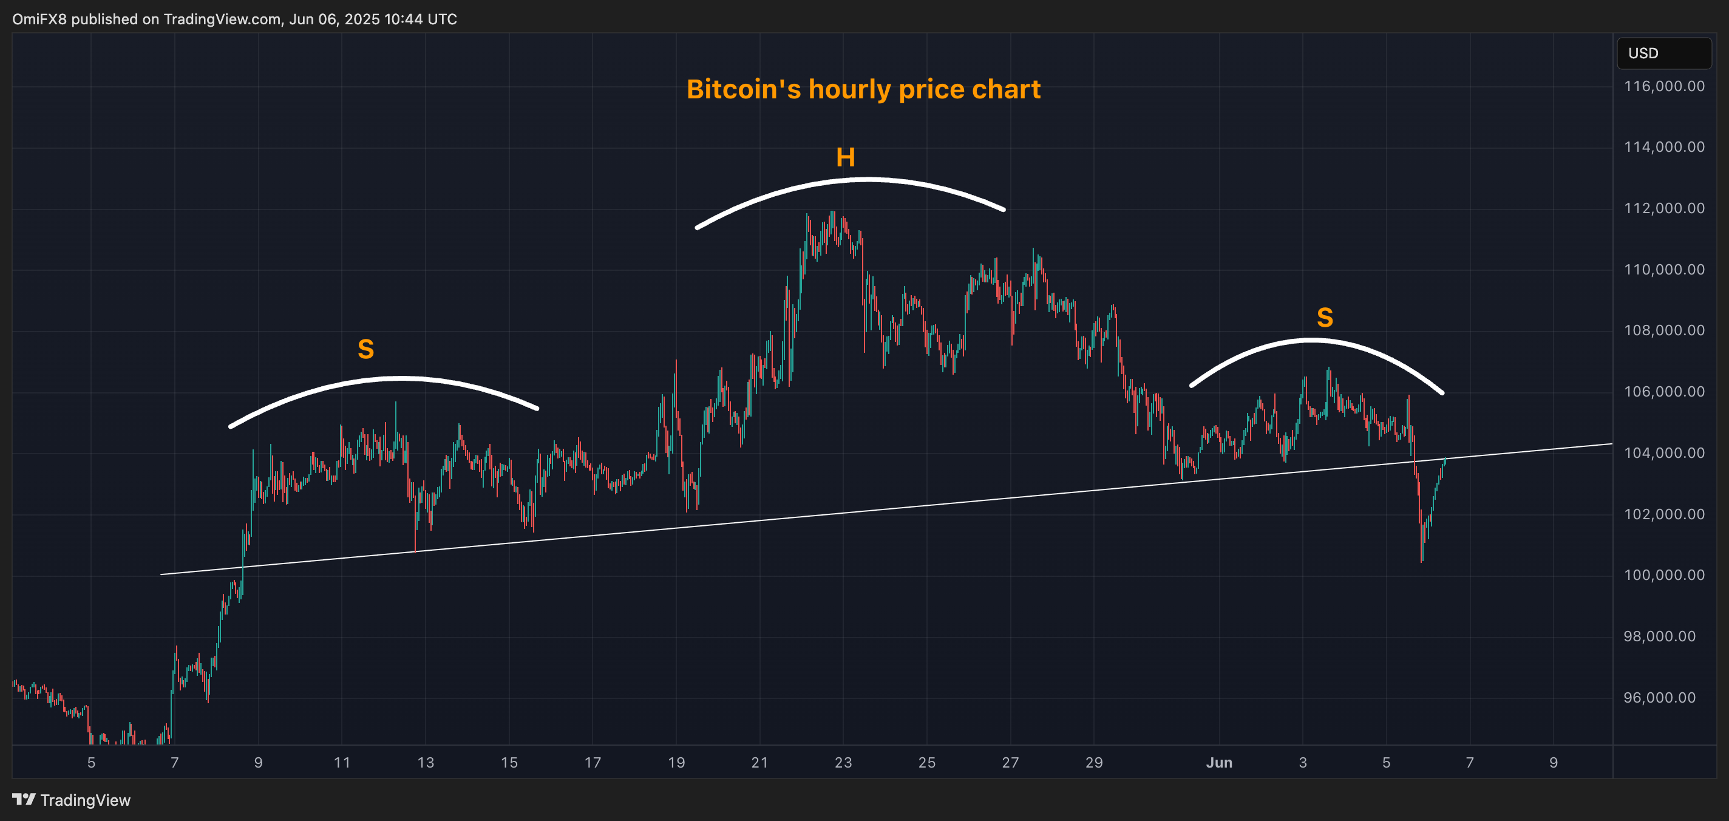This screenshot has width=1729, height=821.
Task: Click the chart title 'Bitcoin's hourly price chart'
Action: (x=863, y=89)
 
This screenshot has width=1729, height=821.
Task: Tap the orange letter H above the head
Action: (x=845, y=158)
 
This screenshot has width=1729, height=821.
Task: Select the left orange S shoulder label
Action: (x=366, y=349)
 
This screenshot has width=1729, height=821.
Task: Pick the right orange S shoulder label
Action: (x=1324, y=318)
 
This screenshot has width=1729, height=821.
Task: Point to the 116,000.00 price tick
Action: (x=1663, y=86)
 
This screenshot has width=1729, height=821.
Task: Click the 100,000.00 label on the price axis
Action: (x=1663, y=575)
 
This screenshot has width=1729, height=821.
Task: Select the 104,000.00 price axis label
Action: (x=1663, y=453)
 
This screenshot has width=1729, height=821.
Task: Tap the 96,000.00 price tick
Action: (x=1663, y=698)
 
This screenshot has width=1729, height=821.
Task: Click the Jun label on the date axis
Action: (x=1219, y=763)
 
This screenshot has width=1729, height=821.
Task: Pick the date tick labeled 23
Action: (x=843, y=763)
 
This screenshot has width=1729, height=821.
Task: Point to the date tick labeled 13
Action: (x=426, y=763)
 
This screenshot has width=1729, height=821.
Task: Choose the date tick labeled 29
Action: (x=1094, y=763)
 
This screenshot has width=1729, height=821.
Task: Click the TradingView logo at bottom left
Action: (x=71, y=800)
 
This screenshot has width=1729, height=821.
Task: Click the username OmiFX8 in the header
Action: (x=39, y=19)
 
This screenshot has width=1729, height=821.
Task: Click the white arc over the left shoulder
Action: (x=401, y=378)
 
